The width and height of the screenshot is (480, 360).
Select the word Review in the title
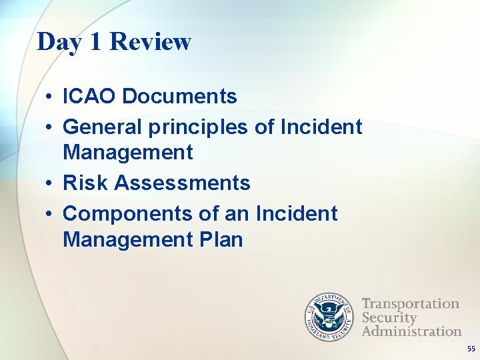click(150, 42)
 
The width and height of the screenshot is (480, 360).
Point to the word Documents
click(180, 97)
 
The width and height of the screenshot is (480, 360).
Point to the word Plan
click(221, 239)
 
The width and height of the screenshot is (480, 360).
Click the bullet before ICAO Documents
click(50, 97)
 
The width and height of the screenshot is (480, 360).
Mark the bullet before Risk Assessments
click(50, 183)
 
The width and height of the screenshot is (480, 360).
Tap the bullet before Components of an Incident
click(50, 214)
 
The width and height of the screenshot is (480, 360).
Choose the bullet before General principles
click(50, 127)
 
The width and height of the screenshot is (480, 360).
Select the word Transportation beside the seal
click(410, 304)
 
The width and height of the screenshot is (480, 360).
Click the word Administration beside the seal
click(411, 331)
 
